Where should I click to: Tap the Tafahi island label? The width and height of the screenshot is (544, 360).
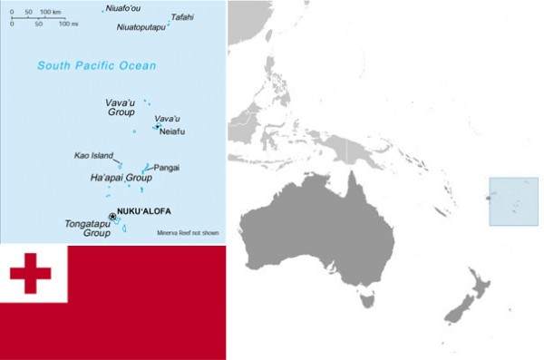pyautogui.click(x=181, y=16)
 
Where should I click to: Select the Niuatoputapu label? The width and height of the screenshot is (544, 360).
pyautogui.click(x=141, y=27)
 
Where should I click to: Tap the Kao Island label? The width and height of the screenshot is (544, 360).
pyautogui.click(x=93, y=155)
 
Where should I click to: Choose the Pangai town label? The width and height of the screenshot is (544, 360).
pyautogui.click(x=167, y=168)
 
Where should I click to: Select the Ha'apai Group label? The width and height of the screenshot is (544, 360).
pyautogui.click(x=120, y=178)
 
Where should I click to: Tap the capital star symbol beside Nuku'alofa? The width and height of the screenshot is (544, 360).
pyautogui.click(x=112, y=216)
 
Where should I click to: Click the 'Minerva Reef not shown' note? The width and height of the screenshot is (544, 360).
pyautogui.click(x=188, y=233)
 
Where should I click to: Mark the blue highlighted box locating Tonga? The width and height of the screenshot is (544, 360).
pyautogui.click(x=513, y=200)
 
